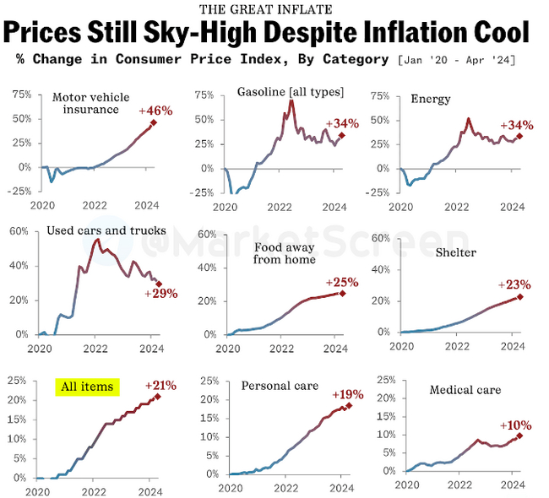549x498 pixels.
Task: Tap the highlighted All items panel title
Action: pyautogui.click(x=88, y=387)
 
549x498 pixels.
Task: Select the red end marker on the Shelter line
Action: pyautogui.click(x=520, y=296)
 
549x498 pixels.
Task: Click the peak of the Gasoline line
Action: pyautogui.click(x=291, y=101)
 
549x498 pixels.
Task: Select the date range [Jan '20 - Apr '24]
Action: pyautogui.click(x=456, y=60)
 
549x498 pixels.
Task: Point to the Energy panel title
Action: pyautogui.click(x=430, y=100)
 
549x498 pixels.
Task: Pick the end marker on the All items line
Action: pyautogui.click(x=157, y=396)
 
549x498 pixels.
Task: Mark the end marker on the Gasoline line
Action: pyautogui.click(x=341, y=135)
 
